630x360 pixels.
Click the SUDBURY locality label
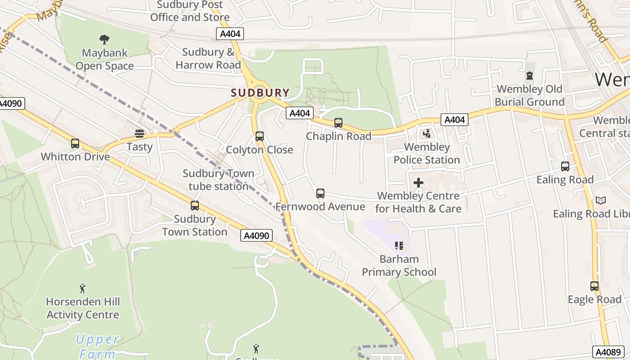260,93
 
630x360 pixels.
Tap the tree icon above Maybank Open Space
104,40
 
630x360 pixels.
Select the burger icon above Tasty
139,133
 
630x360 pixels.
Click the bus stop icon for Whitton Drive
75,144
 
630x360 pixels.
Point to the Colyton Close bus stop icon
259,136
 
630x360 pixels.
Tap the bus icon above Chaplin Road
338,123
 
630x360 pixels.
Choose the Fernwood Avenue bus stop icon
320,193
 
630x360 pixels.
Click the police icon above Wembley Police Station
427,134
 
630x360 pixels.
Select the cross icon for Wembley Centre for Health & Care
418,183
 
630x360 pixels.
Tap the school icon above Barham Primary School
399,246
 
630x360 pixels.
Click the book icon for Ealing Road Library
600,200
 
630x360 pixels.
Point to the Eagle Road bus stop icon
594,286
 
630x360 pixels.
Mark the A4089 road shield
607,352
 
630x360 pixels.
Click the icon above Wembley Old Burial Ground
530,76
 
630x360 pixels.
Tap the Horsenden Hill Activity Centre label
83,308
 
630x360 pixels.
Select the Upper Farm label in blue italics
97,346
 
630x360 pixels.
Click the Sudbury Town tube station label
218,180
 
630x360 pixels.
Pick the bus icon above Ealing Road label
565,166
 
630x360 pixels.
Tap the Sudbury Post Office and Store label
190,11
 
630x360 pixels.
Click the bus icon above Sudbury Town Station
195,206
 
